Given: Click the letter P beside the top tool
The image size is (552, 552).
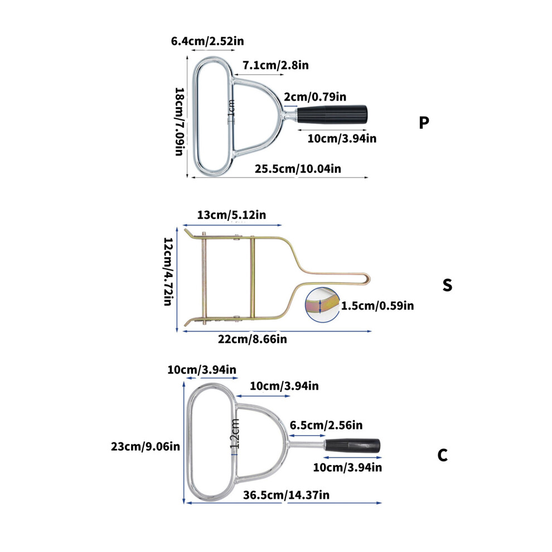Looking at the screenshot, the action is click(x=424, y=122).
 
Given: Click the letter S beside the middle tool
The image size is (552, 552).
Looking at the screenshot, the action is click(x=447, y=285).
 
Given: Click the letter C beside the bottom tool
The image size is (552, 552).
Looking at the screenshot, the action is click(x=443, y=455).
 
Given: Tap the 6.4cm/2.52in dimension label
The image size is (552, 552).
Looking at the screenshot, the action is click(x=207, y=41).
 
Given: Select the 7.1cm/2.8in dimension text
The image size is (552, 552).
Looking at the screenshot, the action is click(x=275, y=65).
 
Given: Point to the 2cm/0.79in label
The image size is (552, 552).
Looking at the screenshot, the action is click(x=315, y=96).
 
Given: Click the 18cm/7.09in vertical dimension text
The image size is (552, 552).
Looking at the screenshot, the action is click(x=180, y=122).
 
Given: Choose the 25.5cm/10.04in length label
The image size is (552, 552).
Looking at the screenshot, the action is click(x=298, y=168).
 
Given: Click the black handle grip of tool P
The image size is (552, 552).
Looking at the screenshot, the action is click(x=332, y=114).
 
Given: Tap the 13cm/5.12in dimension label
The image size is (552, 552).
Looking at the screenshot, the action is click(x=231, y=215).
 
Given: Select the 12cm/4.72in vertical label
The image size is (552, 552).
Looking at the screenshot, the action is click(x=168, y=271).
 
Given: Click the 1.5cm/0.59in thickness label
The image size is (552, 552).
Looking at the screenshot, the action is click(x=377, y=306).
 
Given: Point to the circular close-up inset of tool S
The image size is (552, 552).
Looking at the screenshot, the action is click(x=322, y=305).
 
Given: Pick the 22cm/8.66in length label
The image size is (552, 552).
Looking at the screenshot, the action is click(x=253, y=339).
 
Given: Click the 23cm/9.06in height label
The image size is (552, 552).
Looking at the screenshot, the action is click(x=146, y=447).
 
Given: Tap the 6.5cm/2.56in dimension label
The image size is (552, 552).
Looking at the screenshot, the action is click(x=326, y=425).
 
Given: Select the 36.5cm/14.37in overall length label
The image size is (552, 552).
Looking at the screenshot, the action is click(x=286, y=495).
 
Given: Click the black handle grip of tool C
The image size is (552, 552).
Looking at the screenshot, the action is click(x=352, y=446).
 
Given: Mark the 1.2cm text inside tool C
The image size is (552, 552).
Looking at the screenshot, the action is click(x=235, y=434).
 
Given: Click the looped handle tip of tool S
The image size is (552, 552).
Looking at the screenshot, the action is click(x=369, y=279).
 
